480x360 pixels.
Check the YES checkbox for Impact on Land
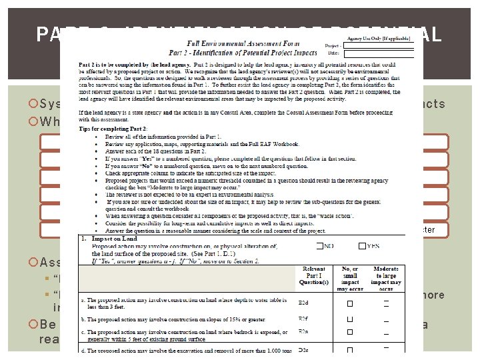(x=363, y=246)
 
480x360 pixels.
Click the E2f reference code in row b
(x=303, y=319)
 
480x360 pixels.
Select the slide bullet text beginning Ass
(x=52, y=262)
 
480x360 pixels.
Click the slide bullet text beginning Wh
(x=51, y=121)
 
